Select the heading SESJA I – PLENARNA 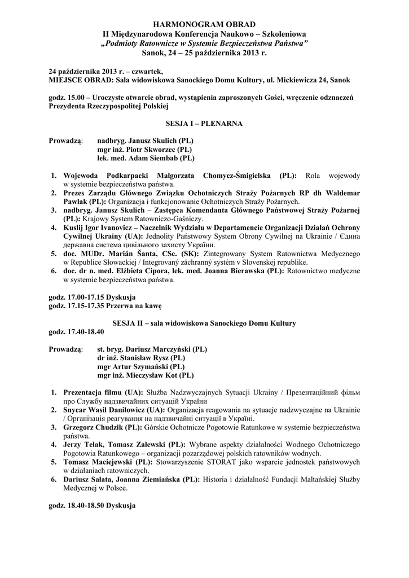(204, 122)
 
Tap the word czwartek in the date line (146, 71)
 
